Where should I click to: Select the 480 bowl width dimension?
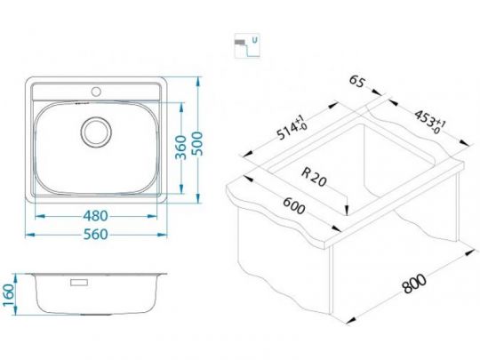(x=99, y=215)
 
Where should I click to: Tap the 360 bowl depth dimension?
(x=180, y=148)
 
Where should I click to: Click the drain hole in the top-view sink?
(x=94, y=132)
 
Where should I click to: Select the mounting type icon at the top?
(x=240, y=44)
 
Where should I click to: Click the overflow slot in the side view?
(x=78, y=284)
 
